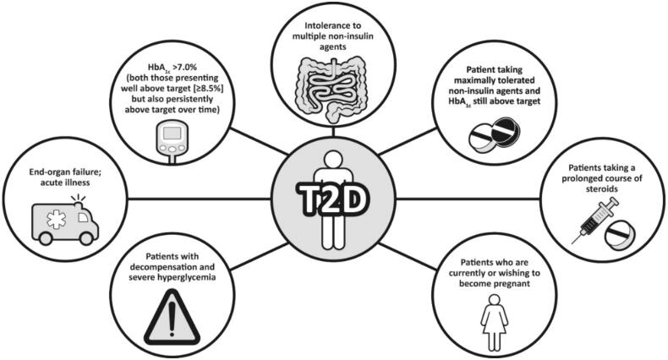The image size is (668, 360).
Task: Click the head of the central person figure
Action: [334, 158]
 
